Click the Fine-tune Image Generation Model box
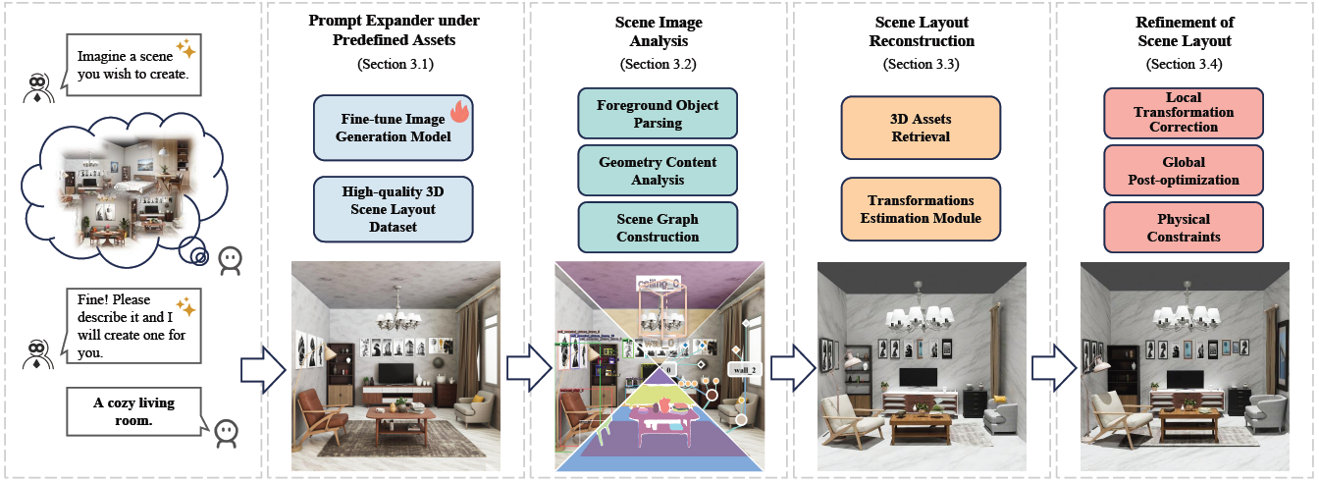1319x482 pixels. (x=393, y=128)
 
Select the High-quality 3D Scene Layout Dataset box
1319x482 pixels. (x=393, y=209)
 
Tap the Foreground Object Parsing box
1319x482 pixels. (x=658, y=114)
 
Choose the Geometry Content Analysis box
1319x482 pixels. (x=658, y=171)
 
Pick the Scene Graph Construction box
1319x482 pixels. (x=658, y=228)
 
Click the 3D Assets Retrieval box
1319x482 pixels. (x=921, y=128)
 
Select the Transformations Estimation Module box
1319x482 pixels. (x=921, y=209)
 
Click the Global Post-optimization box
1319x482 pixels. (x=1184, y=171)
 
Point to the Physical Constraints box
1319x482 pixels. (x=1184, y=228)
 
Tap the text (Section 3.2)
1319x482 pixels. (x=658, y=64)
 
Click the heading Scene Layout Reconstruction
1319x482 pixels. (x=921, y=30)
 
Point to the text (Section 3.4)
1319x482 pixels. (x=1184, y=64)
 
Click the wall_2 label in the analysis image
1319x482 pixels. (x=745, y=369)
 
